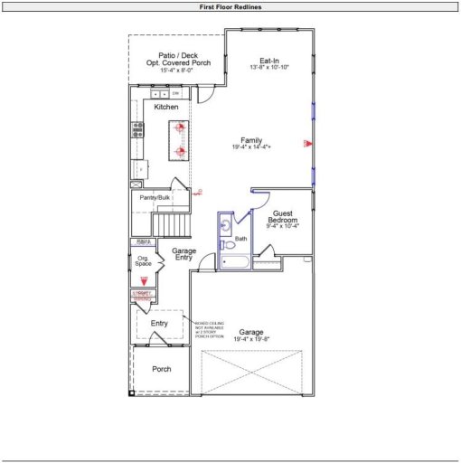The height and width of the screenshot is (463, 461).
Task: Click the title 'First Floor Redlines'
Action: pos(230,6)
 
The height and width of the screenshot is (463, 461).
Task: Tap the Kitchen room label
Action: pos(166,108)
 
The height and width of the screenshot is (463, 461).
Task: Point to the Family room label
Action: pos(251,141)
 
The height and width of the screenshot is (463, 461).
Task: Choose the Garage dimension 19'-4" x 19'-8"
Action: pos(251,340)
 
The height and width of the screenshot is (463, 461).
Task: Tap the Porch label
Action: pos(162,369)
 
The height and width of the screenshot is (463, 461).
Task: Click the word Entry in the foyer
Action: pos(159,323)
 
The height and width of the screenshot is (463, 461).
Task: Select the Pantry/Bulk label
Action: pos(155,197)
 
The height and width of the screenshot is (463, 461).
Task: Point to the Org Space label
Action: pos(143,261)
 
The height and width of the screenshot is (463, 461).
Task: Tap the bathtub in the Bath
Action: pos(233,263)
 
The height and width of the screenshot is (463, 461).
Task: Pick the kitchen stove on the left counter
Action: pos(138,129)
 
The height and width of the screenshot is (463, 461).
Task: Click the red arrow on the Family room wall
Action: pos(307,144)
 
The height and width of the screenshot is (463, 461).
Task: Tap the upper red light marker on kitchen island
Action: pos(179,128)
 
